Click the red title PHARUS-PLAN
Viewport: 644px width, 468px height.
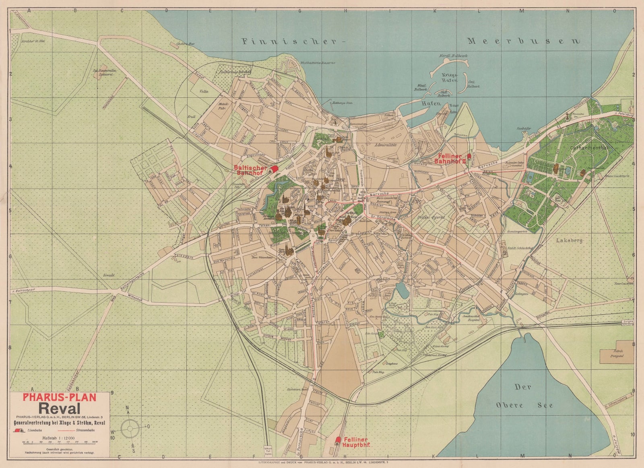tap(60, 398)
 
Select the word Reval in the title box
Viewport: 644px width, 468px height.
tap(60, 408)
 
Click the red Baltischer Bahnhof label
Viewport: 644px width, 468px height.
tap(250, 170)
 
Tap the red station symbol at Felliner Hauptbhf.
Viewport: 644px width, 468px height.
tap(338, 440)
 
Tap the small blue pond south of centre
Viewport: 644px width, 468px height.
tap(402, 289)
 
